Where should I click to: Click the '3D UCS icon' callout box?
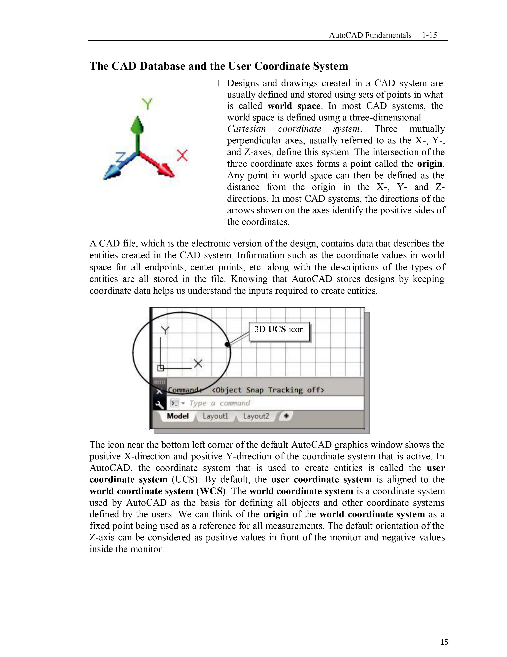click(279, 332)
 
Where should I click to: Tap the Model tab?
click(178, 416)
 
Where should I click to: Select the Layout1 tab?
click(215, 416)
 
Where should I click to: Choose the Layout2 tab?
click(256, 416)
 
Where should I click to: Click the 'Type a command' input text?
click(220, 403)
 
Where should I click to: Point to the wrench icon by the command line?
click(159, 404)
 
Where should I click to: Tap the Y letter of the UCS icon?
click(165, 330)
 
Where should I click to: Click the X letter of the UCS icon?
click(198, 364)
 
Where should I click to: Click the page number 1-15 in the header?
click(429, 35)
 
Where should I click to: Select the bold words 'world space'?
click(294, 106)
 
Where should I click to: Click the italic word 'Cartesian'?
click(246, 129)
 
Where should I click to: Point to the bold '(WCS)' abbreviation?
click(211, 491)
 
